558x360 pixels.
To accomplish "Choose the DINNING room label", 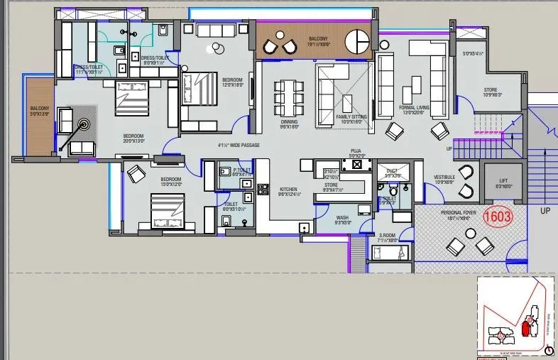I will [x=289, y=123].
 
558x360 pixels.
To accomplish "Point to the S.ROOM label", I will [x=388, y=236].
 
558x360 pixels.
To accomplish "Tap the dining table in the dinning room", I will [x=289, y=94].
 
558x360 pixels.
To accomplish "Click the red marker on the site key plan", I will [x=525, y=328].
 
